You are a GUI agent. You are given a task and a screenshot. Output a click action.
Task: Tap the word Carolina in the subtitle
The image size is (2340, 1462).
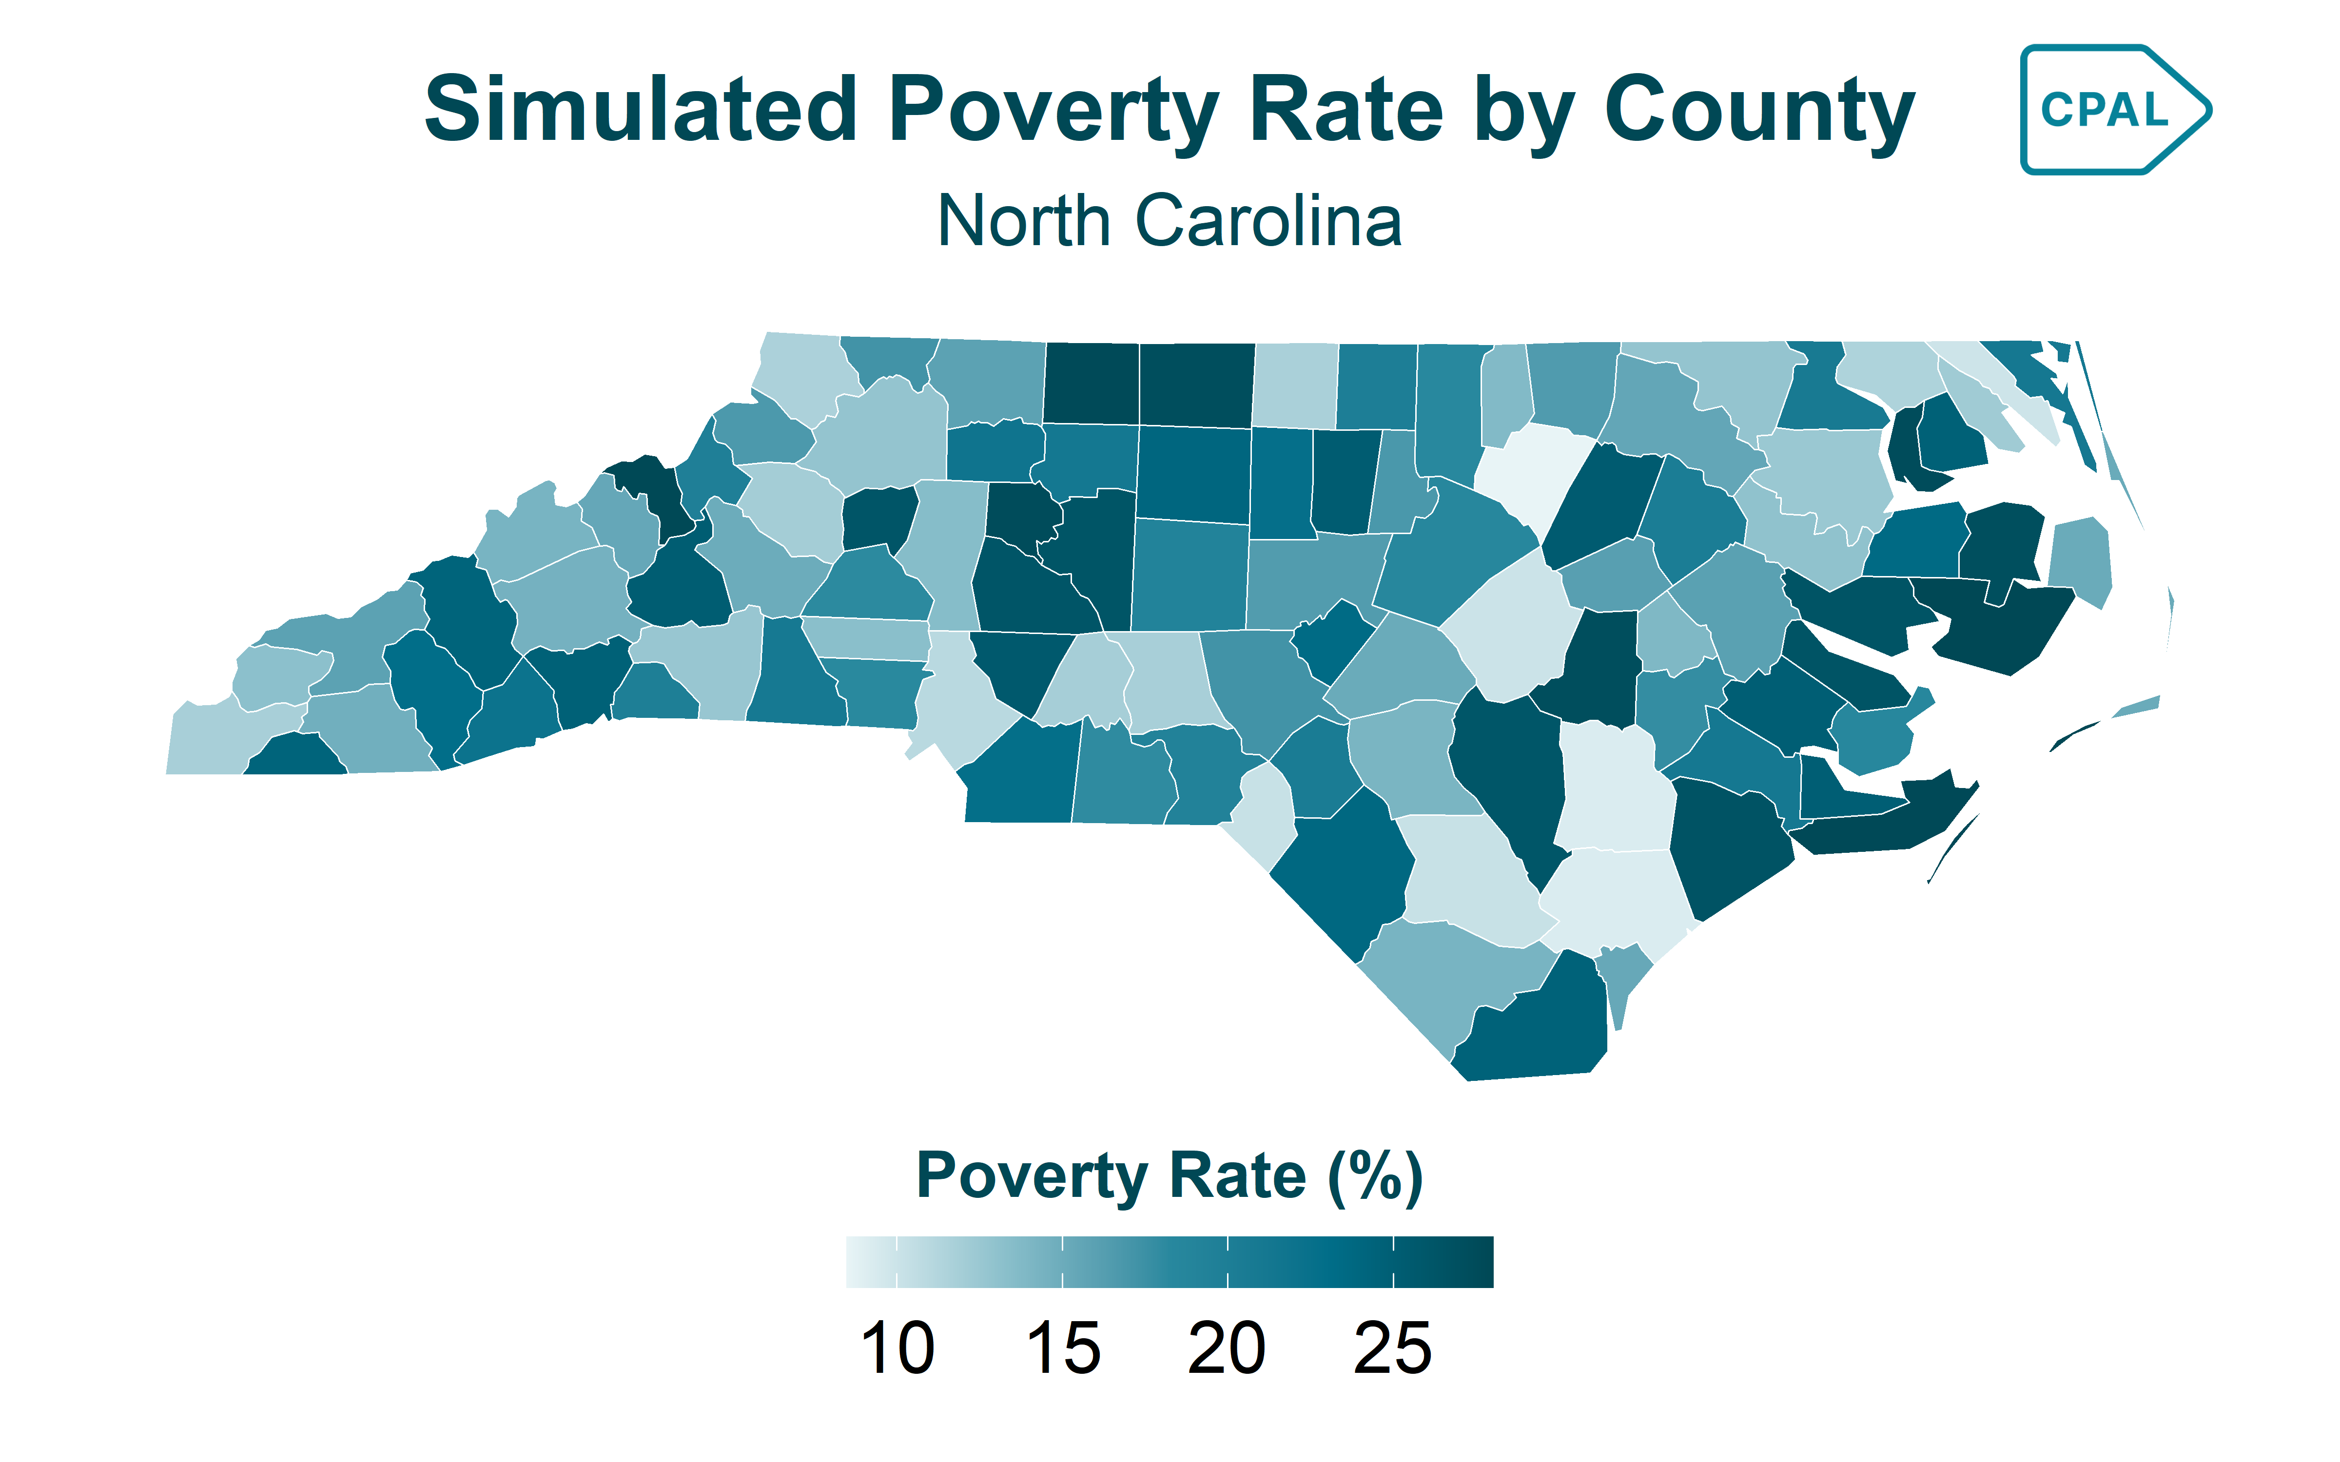click(1267, 221)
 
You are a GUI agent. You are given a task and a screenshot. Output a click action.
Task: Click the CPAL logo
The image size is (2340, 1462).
click(2113, 109)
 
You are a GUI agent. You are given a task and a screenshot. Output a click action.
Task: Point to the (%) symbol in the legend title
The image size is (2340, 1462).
click(1374, 1177)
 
